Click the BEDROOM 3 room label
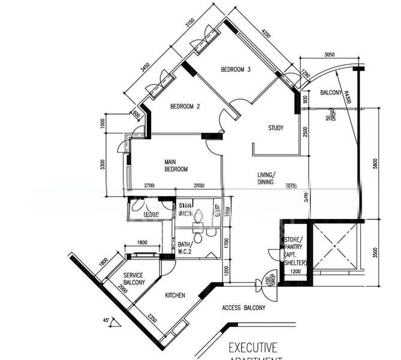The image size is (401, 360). [x=236, y=70]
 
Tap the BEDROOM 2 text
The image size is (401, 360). [x=185, y=107]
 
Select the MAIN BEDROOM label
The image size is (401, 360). [x=177, y=166]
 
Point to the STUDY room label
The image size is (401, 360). [x=276, y=128]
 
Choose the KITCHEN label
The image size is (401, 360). [x=175, y=295]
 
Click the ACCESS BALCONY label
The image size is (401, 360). [x=243, y=308]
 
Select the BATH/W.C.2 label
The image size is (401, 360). [x=185, y=248]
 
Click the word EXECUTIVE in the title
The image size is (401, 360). [x=252, y=347]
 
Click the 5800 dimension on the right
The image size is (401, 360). [x=375, y=164]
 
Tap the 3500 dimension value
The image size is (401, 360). [x=375, y=253]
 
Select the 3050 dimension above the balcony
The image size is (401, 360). [x=328, y=55]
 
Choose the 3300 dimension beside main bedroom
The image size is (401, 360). [x=102, y=164]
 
